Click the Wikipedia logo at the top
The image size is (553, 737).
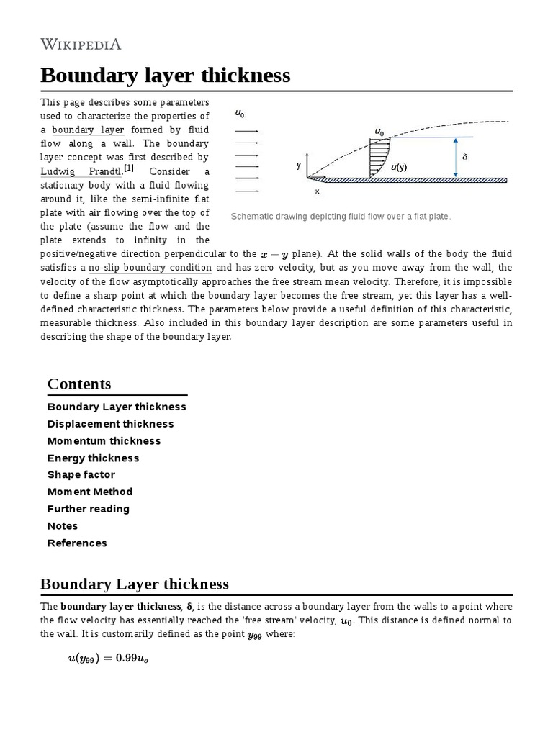click(x=81, y=45)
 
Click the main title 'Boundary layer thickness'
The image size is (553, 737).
click(x=165, y=75)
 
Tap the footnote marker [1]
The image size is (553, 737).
click(x=129, y=168)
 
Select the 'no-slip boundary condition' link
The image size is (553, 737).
click(x=150, y=268)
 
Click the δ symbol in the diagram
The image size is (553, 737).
click(x=464, y=156)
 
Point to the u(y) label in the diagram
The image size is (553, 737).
click(x=399, y=168)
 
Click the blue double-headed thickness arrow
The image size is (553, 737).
click(x=455, y=157)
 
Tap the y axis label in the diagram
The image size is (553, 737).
click(x=298, y=165)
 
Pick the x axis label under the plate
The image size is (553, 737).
click(x=317, y=191)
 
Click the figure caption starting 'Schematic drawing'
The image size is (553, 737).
click(x=341, y=216)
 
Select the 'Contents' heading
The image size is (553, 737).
click(x=79, y=384)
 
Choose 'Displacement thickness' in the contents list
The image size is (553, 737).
click(x=110, y=424)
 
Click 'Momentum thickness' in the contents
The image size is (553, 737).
click(x=104, y=441)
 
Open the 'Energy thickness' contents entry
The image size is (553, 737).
click(x=93, y=458)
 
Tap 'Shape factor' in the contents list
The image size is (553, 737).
click(x=81, y=475)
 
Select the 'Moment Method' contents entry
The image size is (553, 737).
click(x=90, y=492)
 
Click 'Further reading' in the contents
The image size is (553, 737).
click(x=89, y=509)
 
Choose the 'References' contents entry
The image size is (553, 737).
click(x=77, y=543)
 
